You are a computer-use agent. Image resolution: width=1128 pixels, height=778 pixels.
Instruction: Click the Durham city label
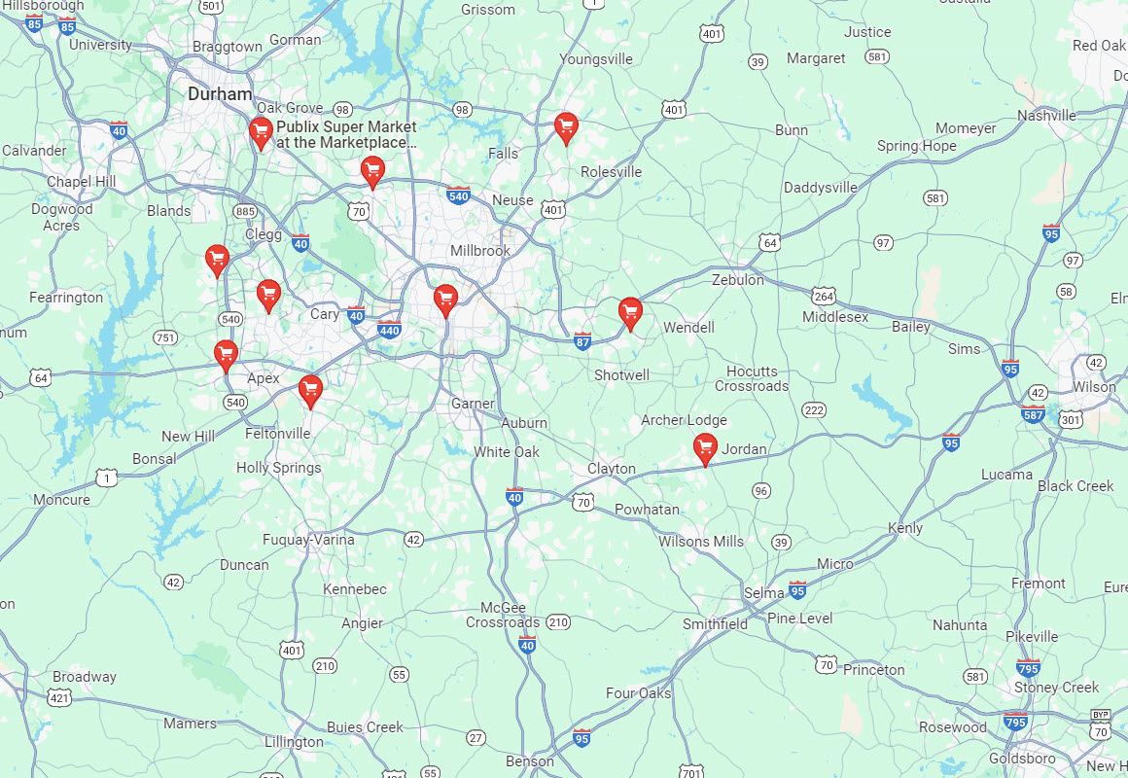click(220, 94)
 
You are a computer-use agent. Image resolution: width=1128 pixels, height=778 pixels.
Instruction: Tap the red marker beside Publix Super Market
click(260, 132)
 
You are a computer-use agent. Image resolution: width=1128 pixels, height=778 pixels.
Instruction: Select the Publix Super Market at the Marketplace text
click(346, 134)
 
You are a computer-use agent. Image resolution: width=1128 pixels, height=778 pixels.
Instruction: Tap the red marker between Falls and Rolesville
click(566, 127)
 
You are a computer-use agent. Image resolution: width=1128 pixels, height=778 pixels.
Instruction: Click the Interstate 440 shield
click(389, 330)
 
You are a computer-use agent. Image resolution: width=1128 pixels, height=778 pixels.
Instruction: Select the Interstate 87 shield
click(582, 340)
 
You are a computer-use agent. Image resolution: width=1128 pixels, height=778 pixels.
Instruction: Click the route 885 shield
click(245, 211)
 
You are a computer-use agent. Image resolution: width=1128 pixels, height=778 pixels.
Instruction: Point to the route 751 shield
click(165, 337)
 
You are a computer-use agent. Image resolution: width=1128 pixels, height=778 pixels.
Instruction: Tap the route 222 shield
click(814, 410)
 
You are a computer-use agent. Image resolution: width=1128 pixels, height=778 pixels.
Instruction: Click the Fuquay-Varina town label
click(308, 540)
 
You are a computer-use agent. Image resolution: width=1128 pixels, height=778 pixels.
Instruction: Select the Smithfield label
click(715, 624)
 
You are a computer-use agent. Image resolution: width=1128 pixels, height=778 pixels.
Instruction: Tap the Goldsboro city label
click(1021, 759)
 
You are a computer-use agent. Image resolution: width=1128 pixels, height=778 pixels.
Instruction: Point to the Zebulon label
click(737, 279)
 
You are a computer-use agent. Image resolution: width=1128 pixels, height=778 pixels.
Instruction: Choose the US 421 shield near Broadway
click(60, 697)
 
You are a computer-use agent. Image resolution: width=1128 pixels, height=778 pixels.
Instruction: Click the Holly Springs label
click(278, 468)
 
